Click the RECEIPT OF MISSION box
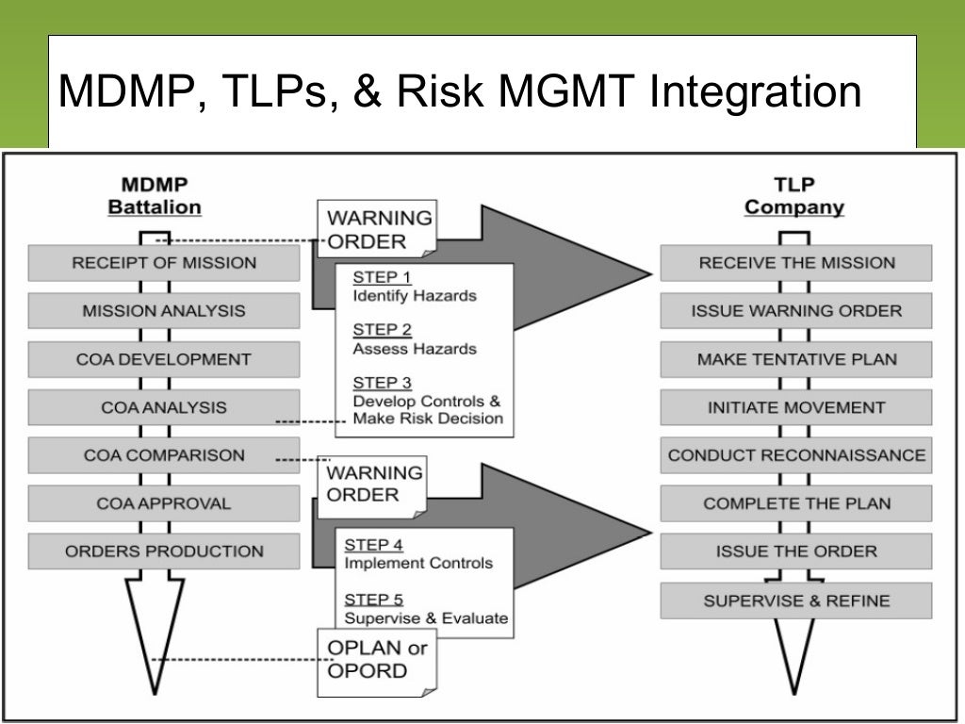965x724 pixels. (164, 263)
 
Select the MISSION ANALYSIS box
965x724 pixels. (164, 311)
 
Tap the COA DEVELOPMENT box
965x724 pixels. (164, 359)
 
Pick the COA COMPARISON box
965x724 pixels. (164, 455)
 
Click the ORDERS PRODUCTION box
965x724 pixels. (164, 551)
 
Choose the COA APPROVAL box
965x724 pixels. (164, 503)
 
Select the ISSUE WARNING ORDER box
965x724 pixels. (796, 311)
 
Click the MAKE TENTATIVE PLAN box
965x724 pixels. (796, 359)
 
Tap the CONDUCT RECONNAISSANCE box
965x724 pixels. (796, 455)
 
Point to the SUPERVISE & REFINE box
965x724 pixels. (796, 601)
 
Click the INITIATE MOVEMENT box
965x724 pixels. (796, 407)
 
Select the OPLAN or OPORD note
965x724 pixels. (377, 660)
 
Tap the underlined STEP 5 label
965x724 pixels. (373, 600)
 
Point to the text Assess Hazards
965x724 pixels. (415, 349)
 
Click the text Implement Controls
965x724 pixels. (418, 563)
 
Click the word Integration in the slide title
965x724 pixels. (756, 92)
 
